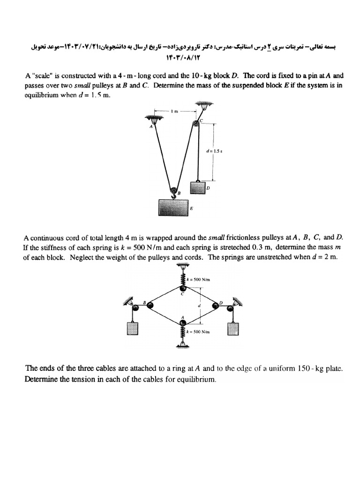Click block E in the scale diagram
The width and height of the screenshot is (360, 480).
click(173, 207)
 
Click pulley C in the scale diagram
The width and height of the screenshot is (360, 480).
click(195, 124)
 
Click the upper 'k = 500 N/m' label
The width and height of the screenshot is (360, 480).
click(199, 279)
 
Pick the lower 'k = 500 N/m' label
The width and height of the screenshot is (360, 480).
click(199, 331)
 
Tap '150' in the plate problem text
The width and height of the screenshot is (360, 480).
click(304, 369)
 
